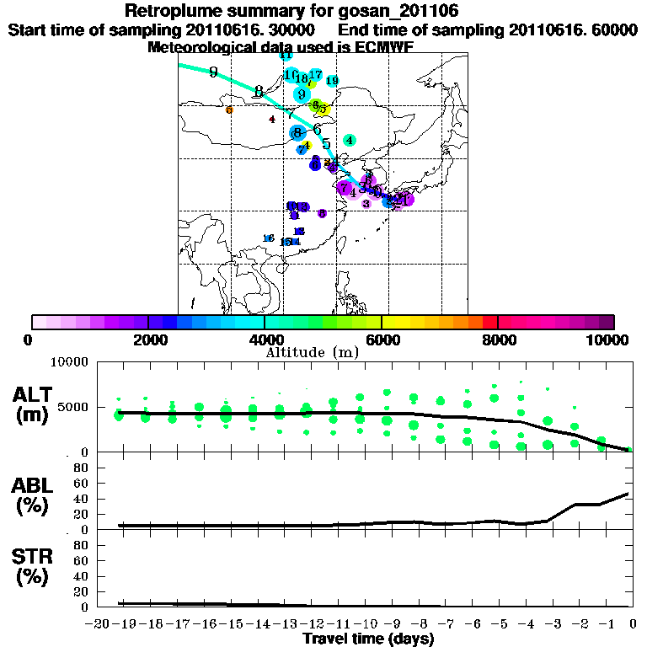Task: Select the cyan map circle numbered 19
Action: [x=332, y=81]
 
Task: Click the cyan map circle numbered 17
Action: [x=316, y=75]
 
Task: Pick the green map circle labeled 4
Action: [x=349, y=140]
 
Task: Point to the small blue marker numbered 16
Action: [x=269, y=238]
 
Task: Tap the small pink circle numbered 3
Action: [x=366, y=204]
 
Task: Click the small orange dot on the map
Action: [x=229, y=110]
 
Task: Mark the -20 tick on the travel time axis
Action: [x=99, y=623]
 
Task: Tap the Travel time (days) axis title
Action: [x=368, y=639]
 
